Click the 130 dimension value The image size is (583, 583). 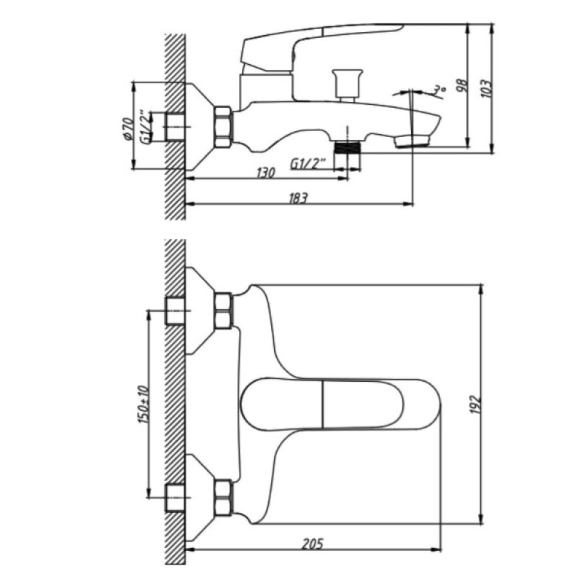pyautogui.click(x=266, y=173)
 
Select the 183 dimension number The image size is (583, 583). pyautogui.click(x=298, y=198)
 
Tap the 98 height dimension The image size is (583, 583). pyautogui.click(x=461, y=87)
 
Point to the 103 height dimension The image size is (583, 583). pyautogui.click(x=486, y=89)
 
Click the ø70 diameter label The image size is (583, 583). pyautogui.click(x=127, y=129)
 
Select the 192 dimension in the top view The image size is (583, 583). pyautogui.click(x=476, y=404)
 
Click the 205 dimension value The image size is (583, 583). pyautogui.click(x=313, y=544)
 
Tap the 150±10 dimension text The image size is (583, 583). pyautogui.click(x=144, y=404)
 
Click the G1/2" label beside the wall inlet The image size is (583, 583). pyautogui.click(x=146, y=126)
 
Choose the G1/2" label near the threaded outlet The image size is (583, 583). pyautogui.click(x=308, y=163)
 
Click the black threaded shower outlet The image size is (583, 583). pyautogui.click(x=348, y=147)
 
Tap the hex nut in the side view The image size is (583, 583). pyautogui.click(x=223, y=127)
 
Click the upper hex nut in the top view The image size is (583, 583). pyautogui.click(x=223, y=310)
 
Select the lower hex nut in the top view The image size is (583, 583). pyautogui.click(x=223, y=498)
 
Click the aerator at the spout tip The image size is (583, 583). pyautogui.click(x=412, y=141)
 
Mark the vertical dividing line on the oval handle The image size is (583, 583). pyautogui.click(x=323, y=404)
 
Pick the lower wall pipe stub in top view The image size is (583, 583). pyautogui.click(x=175, y=498)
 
